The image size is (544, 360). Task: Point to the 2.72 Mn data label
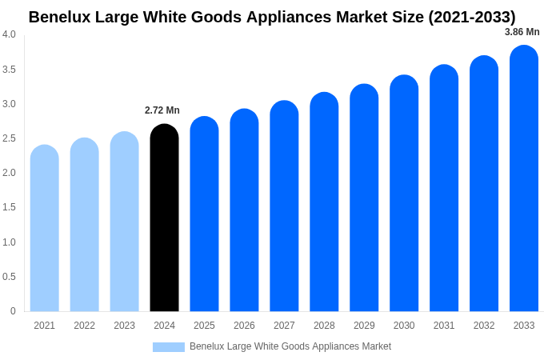pos(162,110)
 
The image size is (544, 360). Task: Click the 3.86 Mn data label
pos(522,32)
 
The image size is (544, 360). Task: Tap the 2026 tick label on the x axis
pos(244,326)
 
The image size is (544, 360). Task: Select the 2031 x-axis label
pos(444,326)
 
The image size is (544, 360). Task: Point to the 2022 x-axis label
pos(84,326)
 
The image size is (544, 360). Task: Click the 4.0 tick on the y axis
pos(9,34)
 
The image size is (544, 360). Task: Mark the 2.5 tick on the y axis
pos(9,138)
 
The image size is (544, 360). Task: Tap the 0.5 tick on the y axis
pos(9,277)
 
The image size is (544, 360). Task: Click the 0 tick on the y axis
pos(13,311)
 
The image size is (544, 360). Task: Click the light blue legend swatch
pos(168,347)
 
